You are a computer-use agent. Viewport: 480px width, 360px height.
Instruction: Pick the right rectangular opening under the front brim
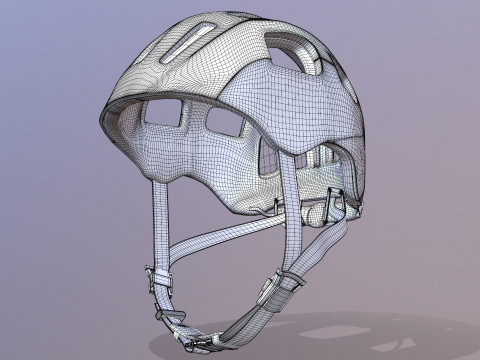click(226, 125)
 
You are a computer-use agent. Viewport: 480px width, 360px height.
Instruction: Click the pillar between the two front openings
click(194, 121)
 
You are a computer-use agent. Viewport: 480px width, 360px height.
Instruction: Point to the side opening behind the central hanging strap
click(267, 155)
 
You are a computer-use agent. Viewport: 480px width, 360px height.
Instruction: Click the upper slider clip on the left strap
click(157, 276)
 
